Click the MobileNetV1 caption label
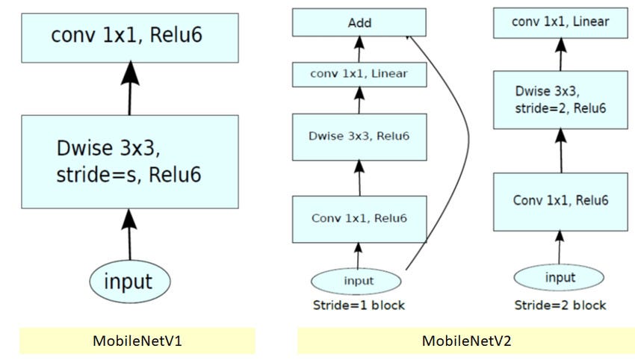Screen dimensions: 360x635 137,341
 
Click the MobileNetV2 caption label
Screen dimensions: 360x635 466,341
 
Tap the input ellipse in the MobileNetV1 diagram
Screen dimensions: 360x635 130,282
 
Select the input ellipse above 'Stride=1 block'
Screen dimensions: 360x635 358,281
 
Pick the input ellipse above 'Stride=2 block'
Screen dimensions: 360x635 560,278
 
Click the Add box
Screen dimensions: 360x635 359,23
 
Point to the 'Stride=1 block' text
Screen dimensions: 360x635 358,305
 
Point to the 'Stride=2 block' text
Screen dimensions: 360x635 560,305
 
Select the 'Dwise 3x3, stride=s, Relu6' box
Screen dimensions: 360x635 130,161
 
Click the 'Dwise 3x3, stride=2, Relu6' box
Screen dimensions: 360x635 560,99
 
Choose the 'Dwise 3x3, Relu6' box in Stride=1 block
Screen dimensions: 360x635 359,136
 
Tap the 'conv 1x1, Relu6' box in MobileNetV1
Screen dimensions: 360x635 130,37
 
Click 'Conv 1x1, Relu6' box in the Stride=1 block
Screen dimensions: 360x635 359,218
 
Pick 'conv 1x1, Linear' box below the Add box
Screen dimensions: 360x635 359,74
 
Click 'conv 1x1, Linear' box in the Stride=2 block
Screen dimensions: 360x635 560,22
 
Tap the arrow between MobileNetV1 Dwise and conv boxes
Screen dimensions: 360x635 130,88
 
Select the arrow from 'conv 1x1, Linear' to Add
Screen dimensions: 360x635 359,49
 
